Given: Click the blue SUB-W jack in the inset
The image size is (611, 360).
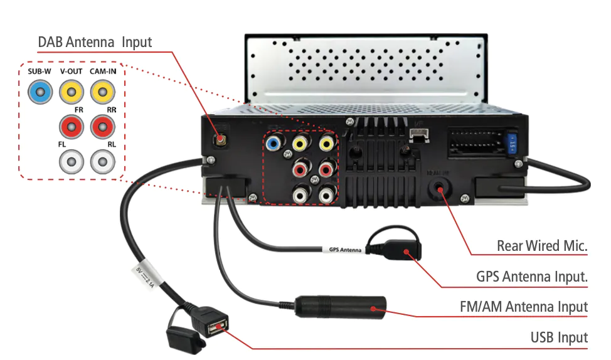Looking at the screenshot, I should (40, 94).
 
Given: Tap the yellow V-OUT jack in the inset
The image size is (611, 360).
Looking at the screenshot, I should (71, 94).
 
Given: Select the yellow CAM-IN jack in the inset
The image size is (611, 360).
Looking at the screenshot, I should (102, 94).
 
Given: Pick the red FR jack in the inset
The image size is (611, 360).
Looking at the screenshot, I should (71, 127).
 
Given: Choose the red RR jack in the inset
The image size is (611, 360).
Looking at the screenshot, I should (102, 127).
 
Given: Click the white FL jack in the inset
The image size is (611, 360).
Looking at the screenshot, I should (71, 163).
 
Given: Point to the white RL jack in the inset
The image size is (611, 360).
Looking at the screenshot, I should (102, 163).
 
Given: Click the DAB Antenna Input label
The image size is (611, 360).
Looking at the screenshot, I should (95, 43).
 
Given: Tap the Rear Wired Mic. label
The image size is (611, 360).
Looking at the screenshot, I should (542, 245).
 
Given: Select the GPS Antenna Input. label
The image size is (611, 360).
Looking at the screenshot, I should (532, 276).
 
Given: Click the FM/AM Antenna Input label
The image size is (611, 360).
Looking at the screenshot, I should (524, 307).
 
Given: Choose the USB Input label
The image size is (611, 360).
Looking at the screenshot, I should (559, 337).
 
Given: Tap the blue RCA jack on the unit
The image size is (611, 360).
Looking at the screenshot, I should (273, 144).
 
